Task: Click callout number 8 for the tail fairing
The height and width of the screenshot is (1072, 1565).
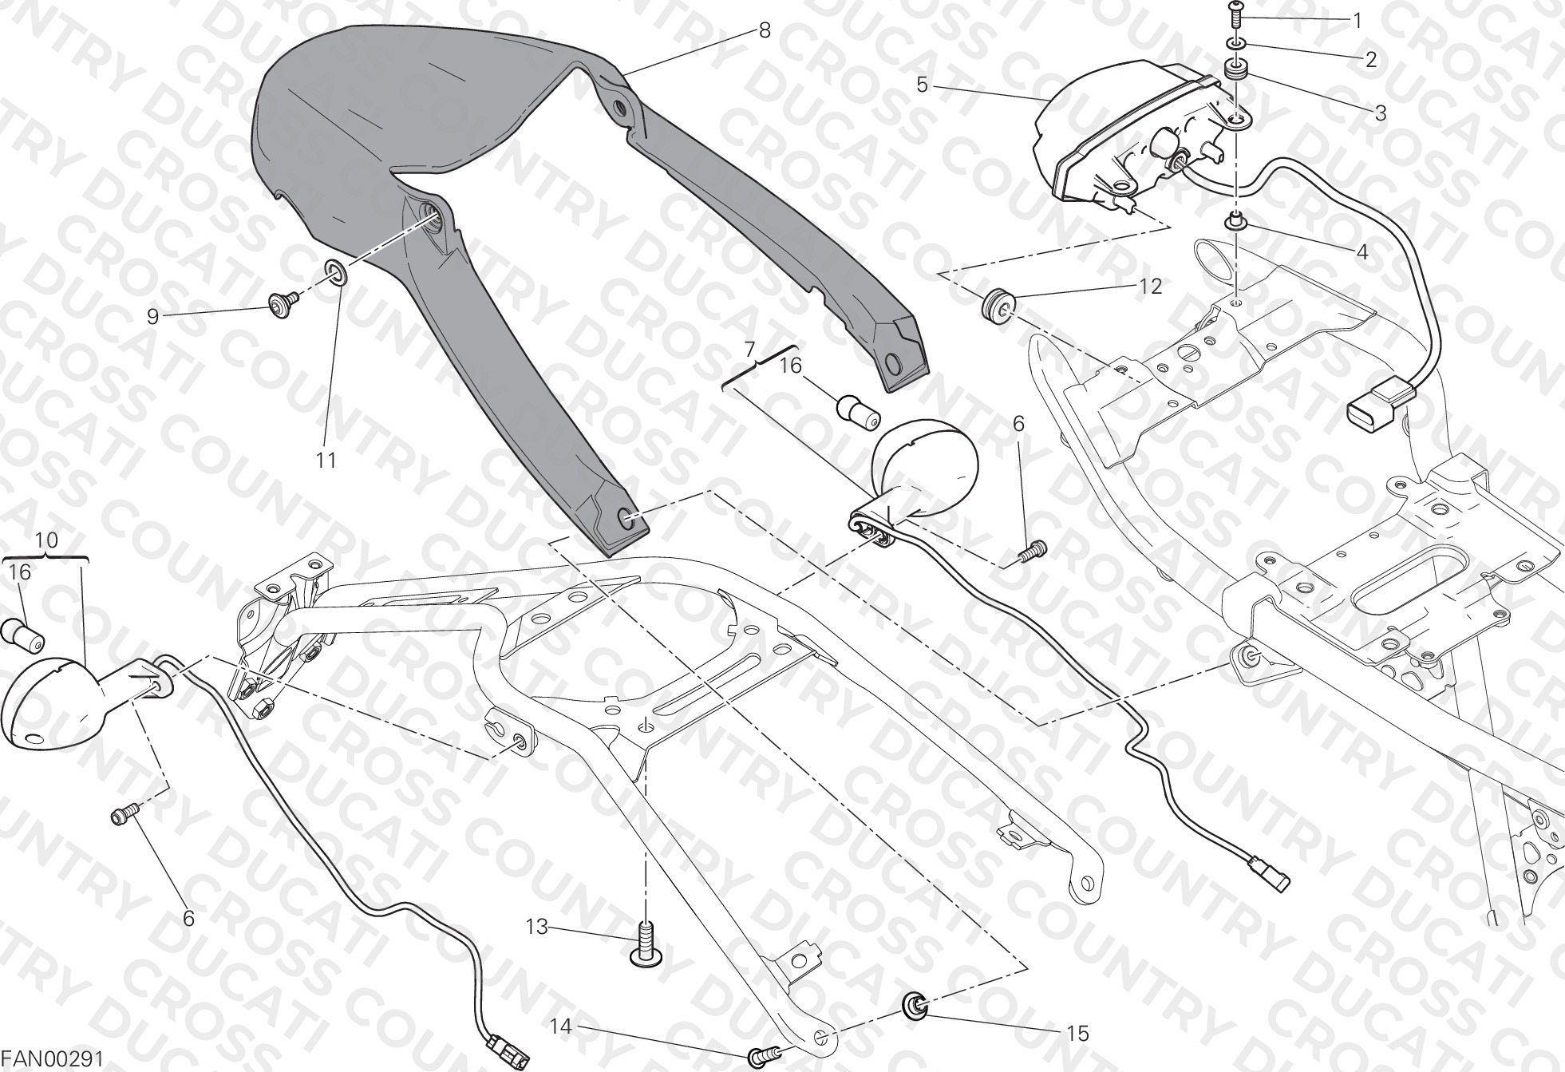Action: [x=765, y=31]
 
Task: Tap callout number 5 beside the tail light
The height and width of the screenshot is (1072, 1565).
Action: [x=923, y=85]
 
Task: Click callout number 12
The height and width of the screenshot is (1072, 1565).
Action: [x=1150, y=286]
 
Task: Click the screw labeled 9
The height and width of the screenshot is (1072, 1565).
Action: [x=283, y=303]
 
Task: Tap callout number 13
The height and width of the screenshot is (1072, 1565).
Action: [x=537, y=927]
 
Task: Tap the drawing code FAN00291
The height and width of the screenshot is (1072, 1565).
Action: [x=53, y=1059]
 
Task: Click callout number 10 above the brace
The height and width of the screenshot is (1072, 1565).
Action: [x=47, y=540]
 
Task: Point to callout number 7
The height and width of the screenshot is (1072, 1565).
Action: [x=749, y=350]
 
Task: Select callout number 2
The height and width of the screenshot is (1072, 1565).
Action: [x=1371, y=59]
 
